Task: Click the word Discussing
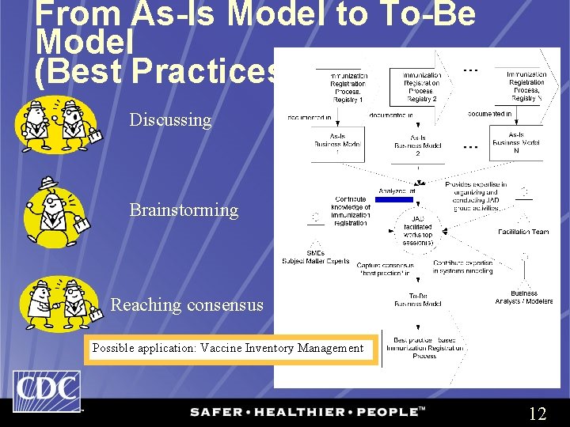tap(170, 120)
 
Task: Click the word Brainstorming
tap(184, 210)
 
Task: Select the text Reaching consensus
tap(187, 304)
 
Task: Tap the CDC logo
tap(46, 391)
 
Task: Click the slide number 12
tap(537, 414)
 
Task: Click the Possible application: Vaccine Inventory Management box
tap(228, 348)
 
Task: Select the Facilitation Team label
tap(523, 232)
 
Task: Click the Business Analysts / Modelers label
tap(523, 297)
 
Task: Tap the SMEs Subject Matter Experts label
tap(316, 258)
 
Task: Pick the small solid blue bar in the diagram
tap(393, 200)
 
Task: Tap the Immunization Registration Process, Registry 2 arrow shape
tap(420, 87)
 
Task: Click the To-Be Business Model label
tap(418, 299)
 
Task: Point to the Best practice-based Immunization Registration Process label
tap(424, 348)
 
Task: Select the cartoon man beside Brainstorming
tap(55, 211)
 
